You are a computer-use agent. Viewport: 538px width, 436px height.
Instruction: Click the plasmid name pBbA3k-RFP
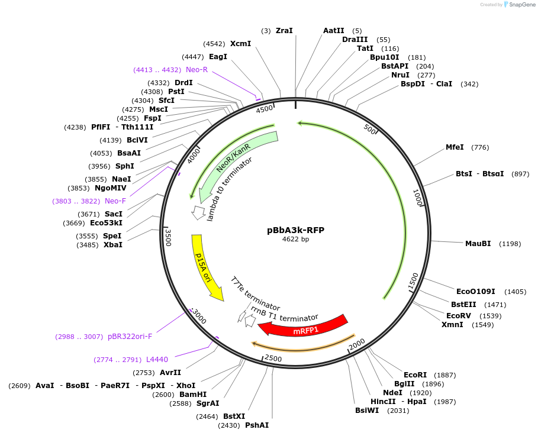tap(295, 230)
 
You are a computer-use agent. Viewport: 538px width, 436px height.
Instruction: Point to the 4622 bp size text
tap(295, 240)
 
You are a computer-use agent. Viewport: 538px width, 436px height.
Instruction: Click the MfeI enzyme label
tap(455, 147)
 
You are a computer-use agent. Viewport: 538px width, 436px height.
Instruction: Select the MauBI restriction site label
tap(478, 244)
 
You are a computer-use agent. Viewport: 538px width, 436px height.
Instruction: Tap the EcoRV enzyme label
tap(459, 315)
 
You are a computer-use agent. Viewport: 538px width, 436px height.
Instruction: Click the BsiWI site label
tap(367, 411)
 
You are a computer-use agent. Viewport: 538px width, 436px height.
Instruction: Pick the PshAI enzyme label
tap(256, 425)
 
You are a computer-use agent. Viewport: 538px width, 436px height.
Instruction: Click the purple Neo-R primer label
tap(196, 70)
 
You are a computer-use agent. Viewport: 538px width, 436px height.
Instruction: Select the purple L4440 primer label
tap(157, 360)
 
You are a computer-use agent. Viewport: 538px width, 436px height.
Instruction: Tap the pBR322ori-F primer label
tap(130, 337)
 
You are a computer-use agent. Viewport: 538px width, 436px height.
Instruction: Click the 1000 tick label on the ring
tap(417, 198)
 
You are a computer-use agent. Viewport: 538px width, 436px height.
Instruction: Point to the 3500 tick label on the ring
tap(168, 237)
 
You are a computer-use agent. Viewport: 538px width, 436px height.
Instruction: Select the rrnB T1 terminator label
tap(284, 314)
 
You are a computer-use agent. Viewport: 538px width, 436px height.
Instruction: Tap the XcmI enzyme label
tap(240, 44)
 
